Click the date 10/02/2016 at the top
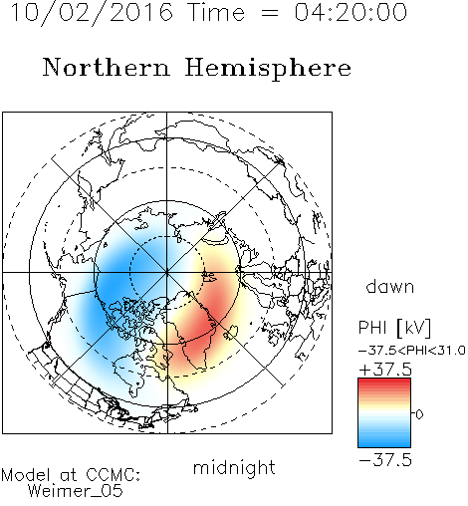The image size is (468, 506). pos(92,13)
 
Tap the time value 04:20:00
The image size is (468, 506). pos(351,13)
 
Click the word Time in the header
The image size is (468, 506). pos(216,13)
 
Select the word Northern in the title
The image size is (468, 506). pos(107,68)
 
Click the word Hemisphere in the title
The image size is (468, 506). pos(268,69)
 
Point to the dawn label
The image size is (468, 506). pos(390,286)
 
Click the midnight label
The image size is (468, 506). pos(234,467)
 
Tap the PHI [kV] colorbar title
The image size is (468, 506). pos(394,328)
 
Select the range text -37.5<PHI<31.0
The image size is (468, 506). pos(412,351)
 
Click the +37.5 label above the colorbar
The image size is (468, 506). pos(385,370)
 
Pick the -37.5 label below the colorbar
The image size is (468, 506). pos(385,460)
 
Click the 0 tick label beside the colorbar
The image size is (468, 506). pos(419,414)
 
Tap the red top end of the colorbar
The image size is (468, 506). pos(384,381)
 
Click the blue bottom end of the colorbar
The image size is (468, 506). pos(384,444)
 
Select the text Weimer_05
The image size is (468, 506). pos(75,491)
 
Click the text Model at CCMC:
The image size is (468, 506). pos(71,475)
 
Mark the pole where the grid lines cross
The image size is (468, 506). pos(167,272)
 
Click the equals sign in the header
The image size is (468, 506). pos(270,13)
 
